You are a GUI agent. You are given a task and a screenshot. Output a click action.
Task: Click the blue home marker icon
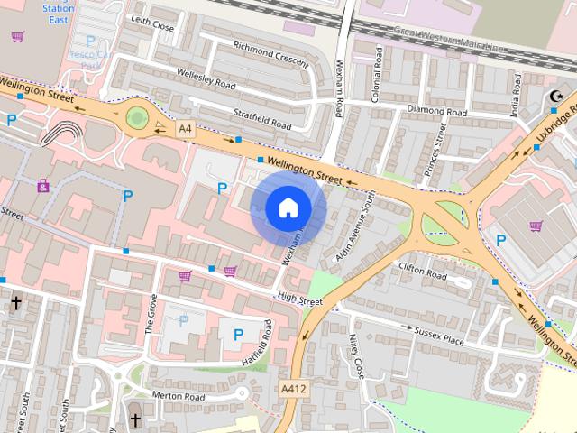pos(288,207)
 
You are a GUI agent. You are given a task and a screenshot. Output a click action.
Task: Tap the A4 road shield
pos(185,129)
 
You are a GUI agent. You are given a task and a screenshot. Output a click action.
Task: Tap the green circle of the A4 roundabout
pos(136,117)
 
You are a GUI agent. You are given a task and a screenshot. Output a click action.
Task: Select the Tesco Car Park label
pos(89,54)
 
